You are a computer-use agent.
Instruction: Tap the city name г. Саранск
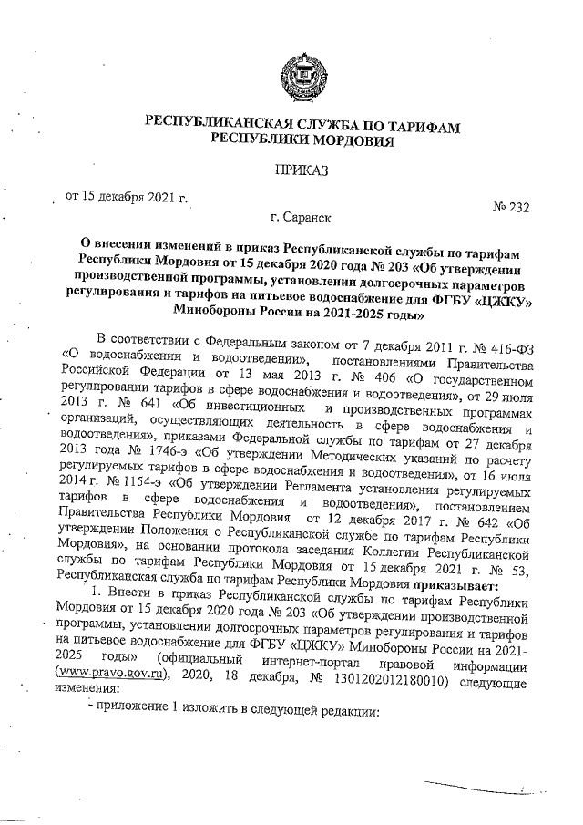click(302, 218)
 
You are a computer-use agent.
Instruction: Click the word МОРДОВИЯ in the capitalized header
click(350, 140)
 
